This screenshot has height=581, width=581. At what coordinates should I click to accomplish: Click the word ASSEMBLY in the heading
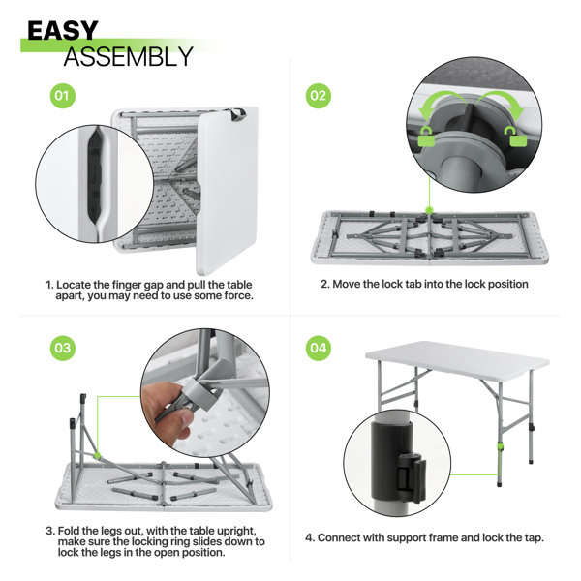coord(128,56)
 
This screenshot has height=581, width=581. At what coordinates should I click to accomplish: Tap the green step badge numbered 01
coord(63,97)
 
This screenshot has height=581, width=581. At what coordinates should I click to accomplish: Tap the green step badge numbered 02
coord(319,97)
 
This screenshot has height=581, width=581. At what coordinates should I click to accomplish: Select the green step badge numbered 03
coord(63,346)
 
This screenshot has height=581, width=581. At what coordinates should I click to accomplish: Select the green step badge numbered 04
coord(319,346)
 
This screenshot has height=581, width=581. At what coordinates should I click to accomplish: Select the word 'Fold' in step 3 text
coord(69,530)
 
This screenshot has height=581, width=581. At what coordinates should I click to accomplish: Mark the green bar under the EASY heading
coord(116,45)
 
